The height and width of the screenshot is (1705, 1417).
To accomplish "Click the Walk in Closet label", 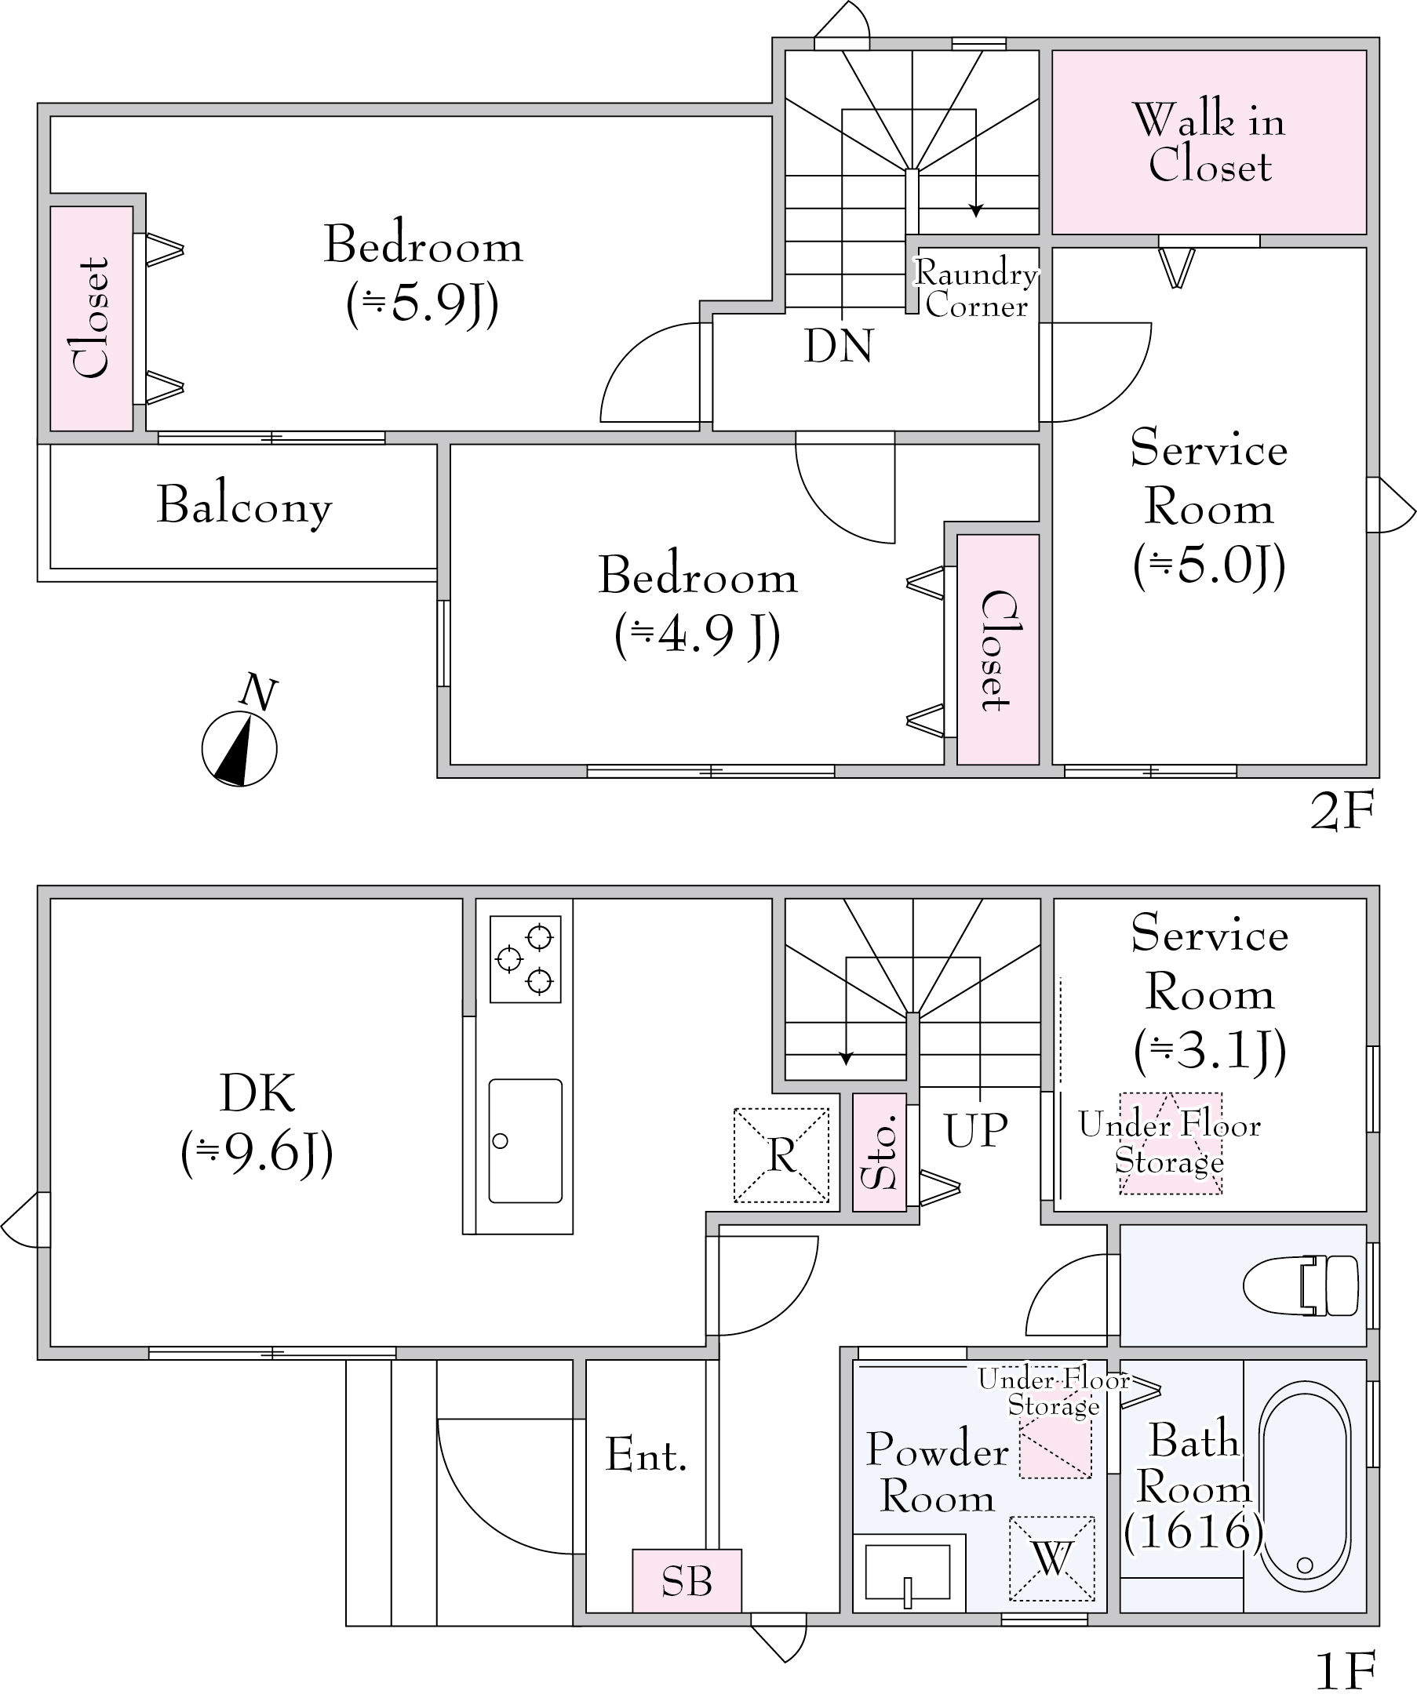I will (1208, 143).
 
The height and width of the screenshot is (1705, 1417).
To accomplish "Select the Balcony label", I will (245, 505).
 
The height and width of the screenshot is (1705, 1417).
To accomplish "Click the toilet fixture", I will (1300, 1285).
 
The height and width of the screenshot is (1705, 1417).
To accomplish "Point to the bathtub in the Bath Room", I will (1304, 1503).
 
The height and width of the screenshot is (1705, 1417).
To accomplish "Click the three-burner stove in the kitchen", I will (526, 959).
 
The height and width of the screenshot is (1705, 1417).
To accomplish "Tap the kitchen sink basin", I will (526, 1140).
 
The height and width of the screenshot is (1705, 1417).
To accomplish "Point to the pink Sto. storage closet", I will (880, 1151).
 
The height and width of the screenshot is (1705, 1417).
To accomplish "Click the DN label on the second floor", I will (838, 346).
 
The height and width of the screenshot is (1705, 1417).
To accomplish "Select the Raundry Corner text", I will (976, 289).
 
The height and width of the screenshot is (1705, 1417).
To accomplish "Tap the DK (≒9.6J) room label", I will (257, 1125).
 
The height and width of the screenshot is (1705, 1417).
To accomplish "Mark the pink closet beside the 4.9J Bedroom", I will (998, 649).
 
